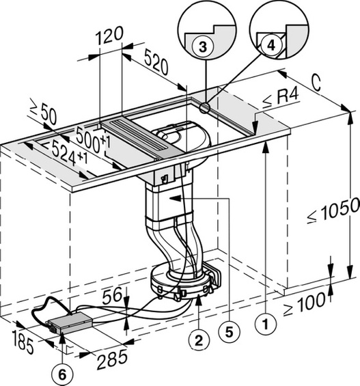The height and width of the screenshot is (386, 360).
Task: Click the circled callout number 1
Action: click(x=266, y=323)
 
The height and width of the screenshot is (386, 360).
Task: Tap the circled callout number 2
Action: click(x=199, y=340)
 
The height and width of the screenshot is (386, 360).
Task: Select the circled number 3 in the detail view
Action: click(x=203, y=46)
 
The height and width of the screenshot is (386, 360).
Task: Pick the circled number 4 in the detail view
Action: click(x=271, y=44)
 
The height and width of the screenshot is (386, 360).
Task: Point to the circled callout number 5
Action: click(x=229, y=332)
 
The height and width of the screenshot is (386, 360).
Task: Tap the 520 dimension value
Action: click(x=156, y=61)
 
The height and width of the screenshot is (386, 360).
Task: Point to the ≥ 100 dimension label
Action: click(x=305, y=303)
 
